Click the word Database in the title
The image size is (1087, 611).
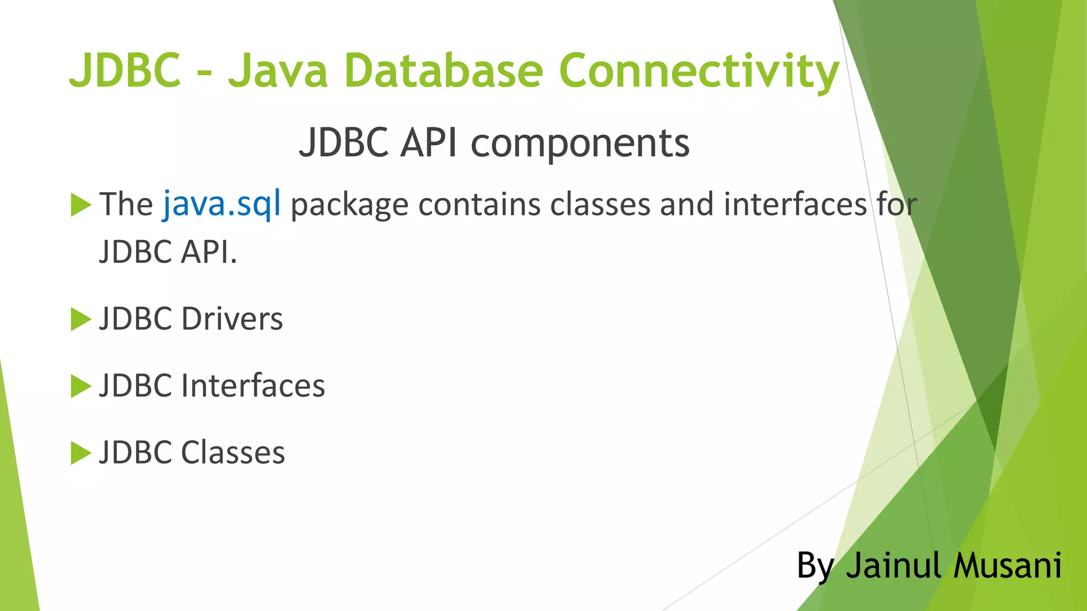(x=444, y=71)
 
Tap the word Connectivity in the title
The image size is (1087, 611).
(x=698, y=72)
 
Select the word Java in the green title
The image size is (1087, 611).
(x=278, y=71)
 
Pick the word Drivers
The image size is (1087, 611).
(x=232, y=319)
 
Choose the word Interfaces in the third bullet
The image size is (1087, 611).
(x=253, y=386)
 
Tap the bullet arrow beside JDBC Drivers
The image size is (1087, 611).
(x=81, y=319)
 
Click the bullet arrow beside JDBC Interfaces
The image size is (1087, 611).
(x=81, y=386)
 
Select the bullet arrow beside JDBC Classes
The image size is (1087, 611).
(x=81, y=453)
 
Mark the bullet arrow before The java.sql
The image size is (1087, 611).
(x=81, y=205)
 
